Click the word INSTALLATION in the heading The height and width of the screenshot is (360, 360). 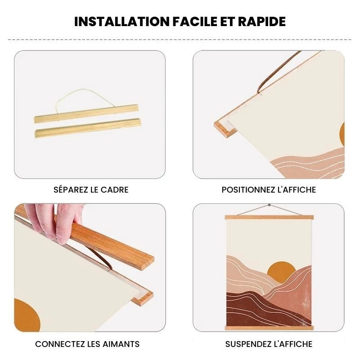click(121, 22)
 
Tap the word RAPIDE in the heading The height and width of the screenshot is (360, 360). click(262, 22)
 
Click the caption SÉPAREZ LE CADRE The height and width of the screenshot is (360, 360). click(91, 189)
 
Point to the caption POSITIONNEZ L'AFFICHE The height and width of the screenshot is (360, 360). click(269, 189)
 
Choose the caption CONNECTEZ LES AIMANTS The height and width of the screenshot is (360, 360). click(87, 344)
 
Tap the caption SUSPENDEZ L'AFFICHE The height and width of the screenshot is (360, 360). click(269, 344)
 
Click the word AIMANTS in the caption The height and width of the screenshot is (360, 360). click(121, 344)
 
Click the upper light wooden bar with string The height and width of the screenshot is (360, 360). click(86, 114)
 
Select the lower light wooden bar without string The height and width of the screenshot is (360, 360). click(88, 128)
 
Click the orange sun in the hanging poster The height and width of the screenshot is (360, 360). click(281, 269)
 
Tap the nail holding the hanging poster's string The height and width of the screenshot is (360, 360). click(269, 205)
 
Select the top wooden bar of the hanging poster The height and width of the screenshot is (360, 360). click(269, 217)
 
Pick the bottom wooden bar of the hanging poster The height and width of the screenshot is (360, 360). click(269, 328)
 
